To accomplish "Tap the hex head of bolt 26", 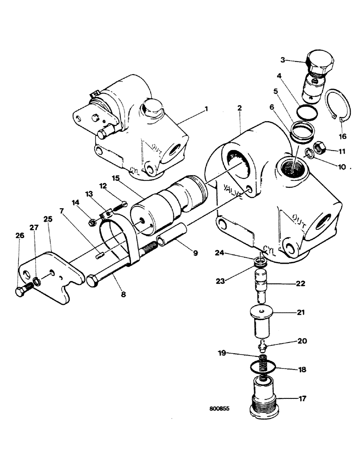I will pyautogui.click(x=20, y=292).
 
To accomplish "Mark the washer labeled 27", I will pyautogui.click(x=35, y=282).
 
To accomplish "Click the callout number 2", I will pyautogui.click(x=239, y=108).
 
